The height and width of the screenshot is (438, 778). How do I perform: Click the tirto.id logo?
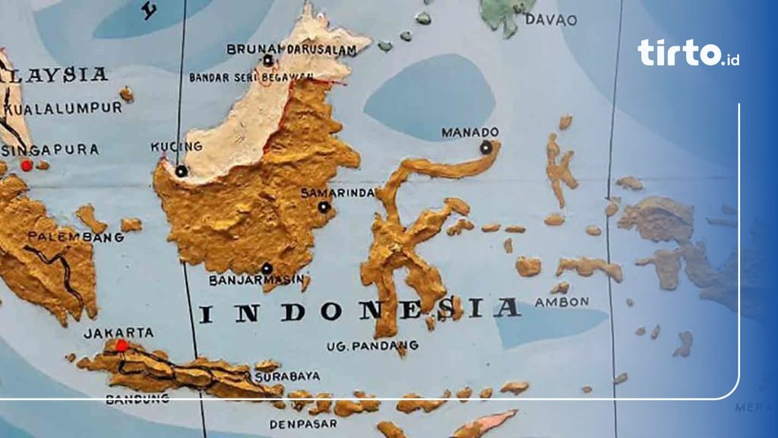point(688,53)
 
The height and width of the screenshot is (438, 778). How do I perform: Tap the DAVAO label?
point(551,20)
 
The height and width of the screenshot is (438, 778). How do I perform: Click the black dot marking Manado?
point(485,148)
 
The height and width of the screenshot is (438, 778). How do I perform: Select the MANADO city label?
point(470,132)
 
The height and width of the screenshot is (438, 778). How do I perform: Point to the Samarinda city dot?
point(324,207)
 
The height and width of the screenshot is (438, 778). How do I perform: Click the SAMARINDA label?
point(338,192)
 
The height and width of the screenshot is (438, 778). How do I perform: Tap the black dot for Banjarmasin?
point(267,268)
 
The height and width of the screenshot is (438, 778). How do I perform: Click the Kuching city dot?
point(181,171)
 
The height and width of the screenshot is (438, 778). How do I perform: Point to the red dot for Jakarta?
point(122,346)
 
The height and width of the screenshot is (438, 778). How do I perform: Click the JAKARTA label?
point(119,332)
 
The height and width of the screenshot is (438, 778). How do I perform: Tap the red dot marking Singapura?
point(27,165)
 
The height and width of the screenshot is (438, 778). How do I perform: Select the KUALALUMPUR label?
point(62,108)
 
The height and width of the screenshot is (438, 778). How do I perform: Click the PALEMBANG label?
point(75,237)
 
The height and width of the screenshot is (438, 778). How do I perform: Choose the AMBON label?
point(561,302)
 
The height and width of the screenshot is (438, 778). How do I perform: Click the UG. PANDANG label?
point(362,346)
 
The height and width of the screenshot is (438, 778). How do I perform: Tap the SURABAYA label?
point(287,376)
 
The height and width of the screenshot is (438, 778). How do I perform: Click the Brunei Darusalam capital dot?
point(267,60)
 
